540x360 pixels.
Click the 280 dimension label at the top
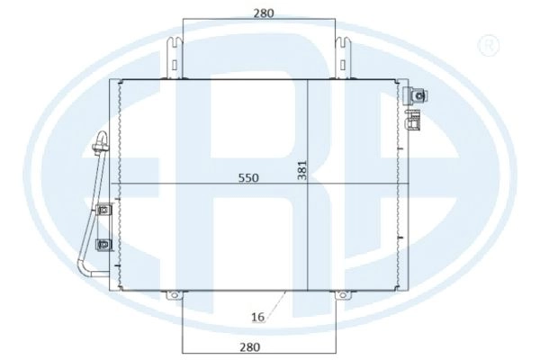pyautogui.click(x=264, y=13)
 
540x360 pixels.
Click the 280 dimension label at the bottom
pyautogui.click(x=249, y=346)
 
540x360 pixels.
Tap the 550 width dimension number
pyautogui.click(x=248, y=178)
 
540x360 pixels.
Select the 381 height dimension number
pyautogui.click(x=302, y=170)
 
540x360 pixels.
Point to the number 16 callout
pyautogui.click(x=257, y=317)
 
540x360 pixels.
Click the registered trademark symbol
pyautogui.click(x=489, y=46)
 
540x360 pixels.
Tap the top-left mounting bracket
pyautogui.click(x=175, y=58)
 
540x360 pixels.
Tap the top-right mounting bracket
pyautogui.click(x=343, y=58)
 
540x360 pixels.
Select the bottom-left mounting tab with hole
pyautogui.click(x=175, y=295)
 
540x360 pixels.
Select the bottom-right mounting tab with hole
pyautogui.click(x=341, y=295)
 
